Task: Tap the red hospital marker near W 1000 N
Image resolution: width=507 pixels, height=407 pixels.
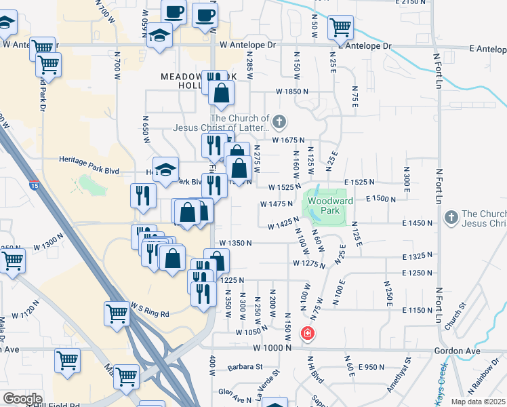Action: [x=307, y=333]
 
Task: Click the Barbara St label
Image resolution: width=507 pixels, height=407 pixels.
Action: [x=245, y=367]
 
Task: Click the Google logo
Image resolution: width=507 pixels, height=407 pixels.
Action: [x=22, y=399]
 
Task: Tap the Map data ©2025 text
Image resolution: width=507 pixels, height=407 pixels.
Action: [x=479, y=402]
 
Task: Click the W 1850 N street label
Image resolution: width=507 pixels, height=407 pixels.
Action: [x=291, y=91]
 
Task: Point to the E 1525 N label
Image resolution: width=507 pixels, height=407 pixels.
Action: [x=364, y=182]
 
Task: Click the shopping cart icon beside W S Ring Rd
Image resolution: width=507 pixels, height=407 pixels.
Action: [x=117, y=314]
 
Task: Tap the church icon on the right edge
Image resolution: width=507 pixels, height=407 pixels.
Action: [x=451, y=217]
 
